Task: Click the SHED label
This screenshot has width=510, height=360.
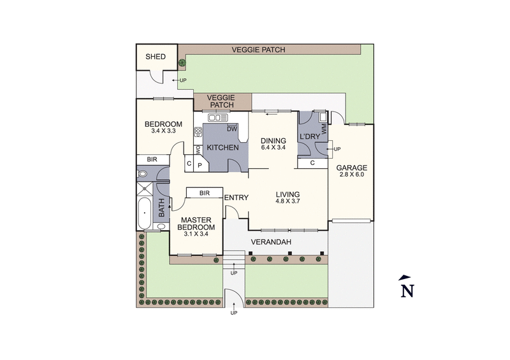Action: pyautogui.click(x=156, y=57)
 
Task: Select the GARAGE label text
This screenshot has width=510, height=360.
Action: pyautogui.click(x=352, y=169)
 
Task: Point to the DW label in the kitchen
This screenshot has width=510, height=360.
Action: pyautogui.click(x=232, y=129)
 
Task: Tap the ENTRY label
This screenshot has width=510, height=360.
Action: pyautogui.click(x=236, y=198)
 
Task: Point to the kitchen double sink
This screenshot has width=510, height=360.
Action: pyautogui.click(x=217, y=117)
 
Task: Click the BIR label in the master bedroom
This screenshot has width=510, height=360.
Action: pyautogui.click(x=204, y=192)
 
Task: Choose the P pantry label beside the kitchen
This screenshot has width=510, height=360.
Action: pyautogui.click(x=199, y=165)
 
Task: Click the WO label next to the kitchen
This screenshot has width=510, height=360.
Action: pyautogui.click(x=198, y=150)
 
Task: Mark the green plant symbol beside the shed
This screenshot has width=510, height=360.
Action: pyautogui.click(x=182, y=62)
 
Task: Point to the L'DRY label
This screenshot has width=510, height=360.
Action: pyautogui.click(x=310, y=138)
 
